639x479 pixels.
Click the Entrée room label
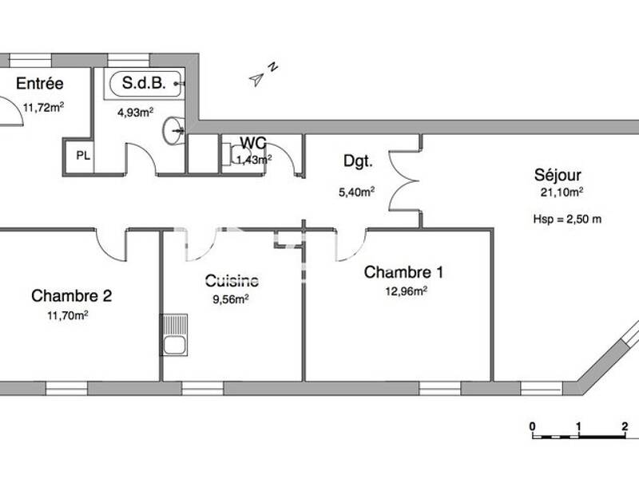(42, 84)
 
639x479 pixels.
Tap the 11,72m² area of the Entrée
(43, 107)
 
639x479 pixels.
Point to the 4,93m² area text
(135, 113)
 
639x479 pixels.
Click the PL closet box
(82, 156)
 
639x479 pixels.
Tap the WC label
(253, 143)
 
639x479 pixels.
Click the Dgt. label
(358, 161)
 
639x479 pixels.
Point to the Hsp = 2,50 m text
(566, 219)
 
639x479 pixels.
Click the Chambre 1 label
(403, 272)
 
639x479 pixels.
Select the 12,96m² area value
(406, 291)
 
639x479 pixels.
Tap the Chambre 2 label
(72, 296)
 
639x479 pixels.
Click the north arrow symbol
(260, 76)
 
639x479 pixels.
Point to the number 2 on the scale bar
(625, 425)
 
